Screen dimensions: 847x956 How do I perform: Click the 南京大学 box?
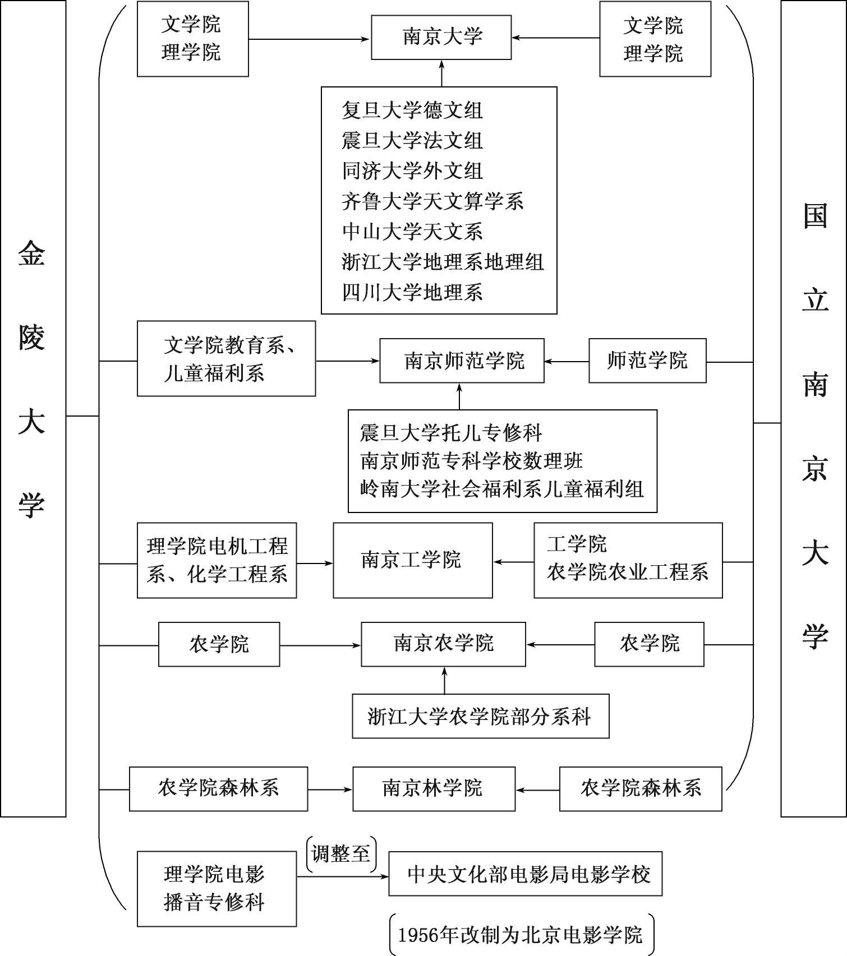click(441, 38)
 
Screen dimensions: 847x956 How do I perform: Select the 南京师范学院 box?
click(462, 361)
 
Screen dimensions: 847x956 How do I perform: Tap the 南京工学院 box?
click(413, 560)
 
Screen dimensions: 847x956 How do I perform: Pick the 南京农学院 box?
click(443, 644)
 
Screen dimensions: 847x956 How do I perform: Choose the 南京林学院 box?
click(434, 789)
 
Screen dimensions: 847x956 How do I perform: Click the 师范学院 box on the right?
click(647, 361)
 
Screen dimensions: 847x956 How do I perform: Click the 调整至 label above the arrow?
click(341, 854)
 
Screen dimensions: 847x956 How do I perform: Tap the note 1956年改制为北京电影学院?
click(522, 935)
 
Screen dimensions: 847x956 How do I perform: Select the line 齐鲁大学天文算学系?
click(432, 201)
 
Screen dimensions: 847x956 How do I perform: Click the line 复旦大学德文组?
click(412, 110)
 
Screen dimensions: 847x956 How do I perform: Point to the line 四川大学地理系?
click(412, 292)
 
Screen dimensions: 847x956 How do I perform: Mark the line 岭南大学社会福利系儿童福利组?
click(501, 489)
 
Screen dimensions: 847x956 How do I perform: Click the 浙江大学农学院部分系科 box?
click(481, 716)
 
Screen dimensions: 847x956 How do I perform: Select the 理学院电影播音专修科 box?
click(217, 889)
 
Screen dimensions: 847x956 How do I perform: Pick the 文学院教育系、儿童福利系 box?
click(226, 359)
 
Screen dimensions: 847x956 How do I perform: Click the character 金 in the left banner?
click(31, 253)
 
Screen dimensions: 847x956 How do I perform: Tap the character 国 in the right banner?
click(815, 216)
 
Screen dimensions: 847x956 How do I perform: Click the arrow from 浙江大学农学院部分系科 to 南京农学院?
click(444, 680)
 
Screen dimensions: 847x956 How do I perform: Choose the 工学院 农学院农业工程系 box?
click(628, 560)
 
